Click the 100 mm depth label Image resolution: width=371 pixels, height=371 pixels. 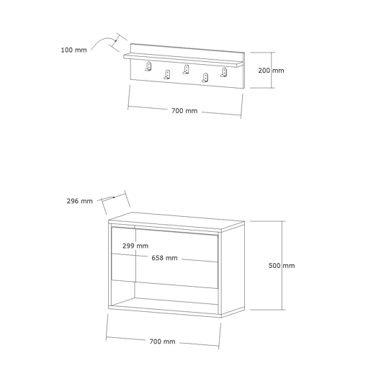(x=73, y=50)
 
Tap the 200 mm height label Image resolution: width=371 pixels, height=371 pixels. (x=271, y=71)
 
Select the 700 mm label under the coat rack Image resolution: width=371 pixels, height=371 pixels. (x=184, y=111)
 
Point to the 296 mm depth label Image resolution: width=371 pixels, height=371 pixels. (x=79, y=201)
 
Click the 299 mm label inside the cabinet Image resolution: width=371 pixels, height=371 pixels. (x=135, y=246)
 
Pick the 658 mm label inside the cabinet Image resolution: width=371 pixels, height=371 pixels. (x=164, y=258)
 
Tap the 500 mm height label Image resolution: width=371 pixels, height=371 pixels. (x=282, y=266)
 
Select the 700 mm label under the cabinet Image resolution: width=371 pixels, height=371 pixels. (x=162, y=341)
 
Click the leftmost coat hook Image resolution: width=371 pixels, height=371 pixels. (x=148, y=66)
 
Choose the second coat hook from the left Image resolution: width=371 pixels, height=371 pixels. (x=167, y=74)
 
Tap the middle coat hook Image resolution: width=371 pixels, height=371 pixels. (x=186, y=69)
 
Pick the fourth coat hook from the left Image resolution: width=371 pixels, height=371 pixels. (x=205, y=78)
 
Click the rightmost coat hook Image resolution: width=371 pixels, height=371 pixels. (x=223, y=72)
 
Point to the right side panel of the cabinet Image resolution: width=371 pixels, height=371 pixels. (x=233, y=269)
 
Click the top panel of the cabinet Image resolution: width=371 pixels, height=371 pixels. (x=176, y=220)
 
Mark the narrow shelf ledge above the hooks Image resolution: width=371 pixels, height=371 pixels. (x=184, y=61)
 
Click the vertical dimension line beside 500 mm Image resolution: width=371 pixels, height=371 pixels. (x=282, y=265)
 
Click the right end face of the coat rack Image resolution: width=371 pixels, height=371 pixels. (x=243, y=71)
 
